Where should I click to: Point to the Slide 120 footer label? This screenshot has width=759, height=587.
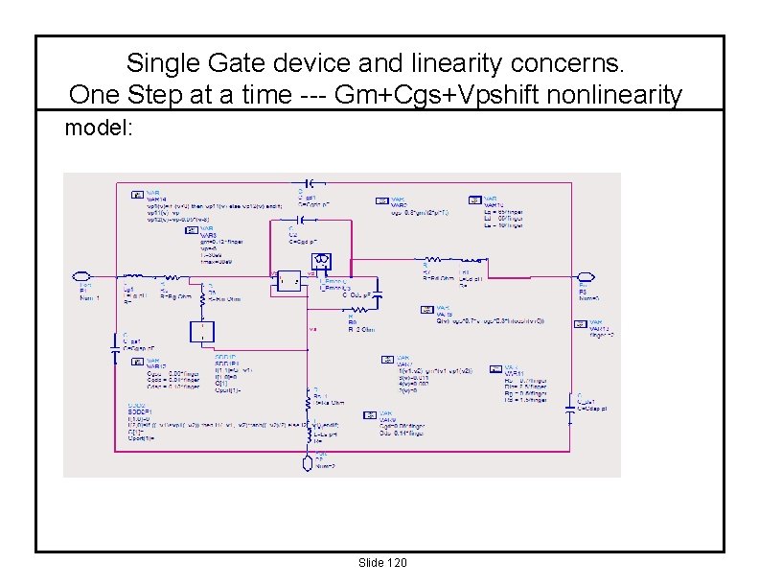click(380, 562)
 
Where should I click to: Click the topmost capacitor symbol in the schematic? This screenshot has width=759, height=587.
click(309, 181)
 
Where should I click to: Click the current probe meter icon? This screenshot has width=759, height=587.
click(323, 259)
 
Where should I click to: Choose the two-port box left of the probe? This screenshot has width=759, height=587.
click(286, 280)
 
